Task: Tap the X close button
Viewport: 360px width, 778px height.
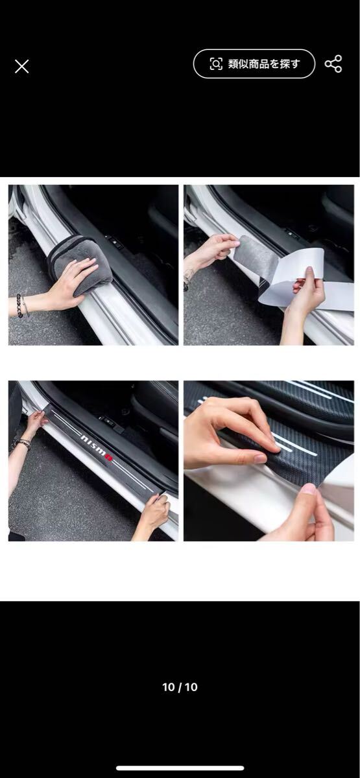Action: [x=21, y=66]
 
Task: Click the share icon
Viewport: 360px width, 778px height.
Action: [x=333, y=64]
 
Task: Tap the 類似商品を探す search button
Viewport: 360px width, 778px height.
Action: [x=254, y=64]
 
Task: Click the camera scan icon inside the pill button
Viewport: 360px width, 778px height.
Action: [x=216, y=64]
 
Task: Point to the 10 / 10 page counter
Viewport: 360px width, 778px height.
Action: [x=180, y=687]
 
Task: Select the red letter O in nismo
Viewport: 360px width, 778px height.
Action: [x=109, y=457]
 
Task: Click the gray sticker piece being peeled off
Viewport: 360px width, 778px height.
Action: [x=255, y=257]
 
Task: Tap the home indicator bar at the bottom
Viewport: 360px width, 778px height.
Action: [x=180, y=768]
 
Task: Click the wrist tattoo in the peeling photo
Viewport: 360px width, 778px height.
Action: [x=187, y=278]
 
